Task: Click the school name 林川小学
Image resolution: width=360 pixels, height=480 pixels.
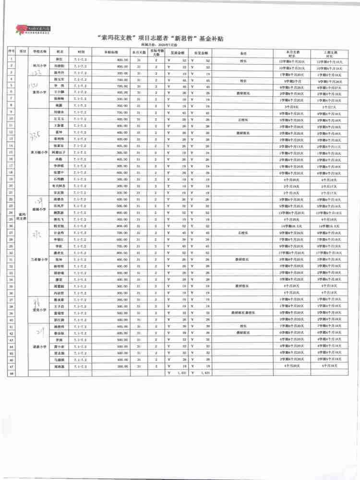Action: [39, 64]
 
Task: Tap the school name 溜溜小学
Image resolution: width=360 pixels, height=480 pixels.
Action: [39, 209]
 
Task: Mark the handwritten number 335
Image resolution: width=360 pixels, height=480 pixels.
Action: [37, 132]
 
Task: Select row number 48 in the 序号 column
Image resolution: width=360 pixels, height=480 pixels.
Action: [11, 372]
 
